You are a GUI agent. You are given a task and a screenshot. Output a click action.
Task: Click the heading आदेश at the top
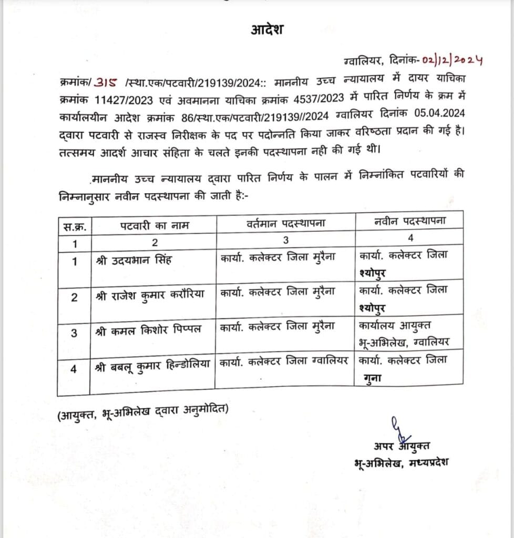coord(267,30)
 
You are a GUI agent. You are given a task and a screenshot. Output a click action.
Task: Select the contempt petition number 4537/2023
coord(319,99)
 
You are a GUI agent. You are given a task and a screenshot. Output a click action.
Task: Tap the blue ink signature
coord(401,429)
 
